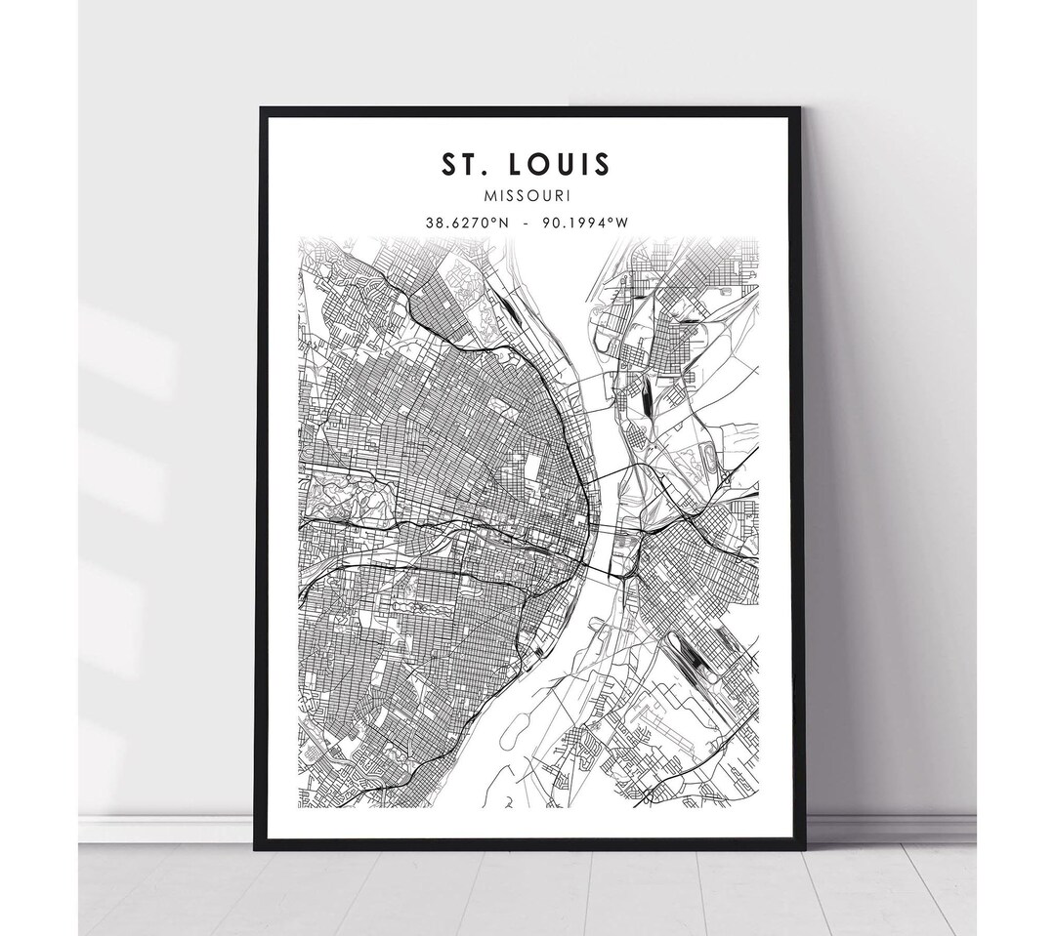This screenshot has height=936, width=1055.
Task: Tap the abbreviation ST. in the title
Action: point(463,164)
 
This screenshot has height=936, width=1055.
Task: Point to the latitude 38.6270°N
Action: point(467,223)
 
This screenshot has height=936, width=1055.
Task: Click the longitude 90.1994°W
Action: point(585,223)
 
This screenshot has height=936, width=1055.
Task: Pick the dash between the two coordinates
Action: point(527,223)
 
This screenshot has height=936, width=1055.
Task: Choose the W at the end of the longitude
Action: point(622,223)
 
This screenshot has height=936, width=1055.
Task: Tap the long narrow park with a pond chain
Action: point(421,607)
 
